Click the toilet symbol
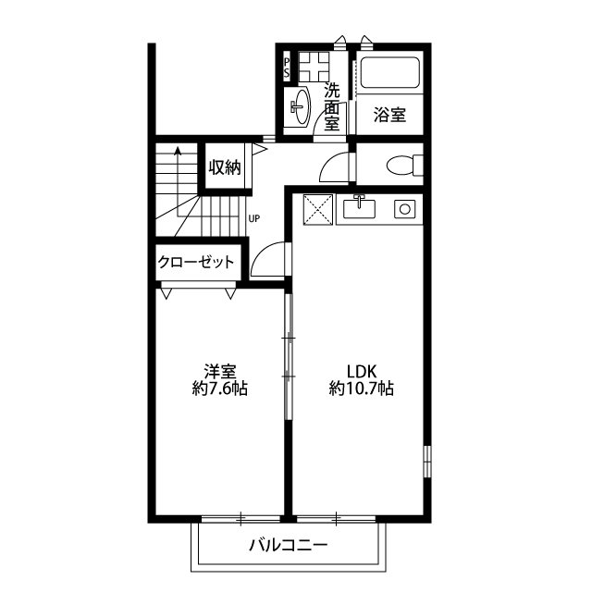click(404, 165)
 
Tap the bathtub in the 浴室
click(390, 72)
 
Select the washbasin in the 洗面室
click(301, 106)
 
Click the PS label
click(287, 68)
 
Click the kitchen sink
click(359, 208)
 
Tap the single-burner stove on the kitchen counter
click(405, 209)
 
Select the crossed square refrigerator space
click(318, 210)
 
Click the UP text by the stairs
click(253, 218)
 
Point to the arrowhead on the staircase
click(178, 151)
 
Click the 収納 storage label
click(225, 167)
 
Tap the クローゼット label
click(196, 262)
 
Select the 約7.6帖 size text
click(220, 388)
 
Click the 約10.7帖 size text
click(362, 388)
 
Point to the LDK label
click(362, 372)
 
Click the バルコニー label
click(289, 545)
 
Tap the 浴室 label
click(389, 115)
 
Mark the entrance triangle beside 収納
click(260, 148)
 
